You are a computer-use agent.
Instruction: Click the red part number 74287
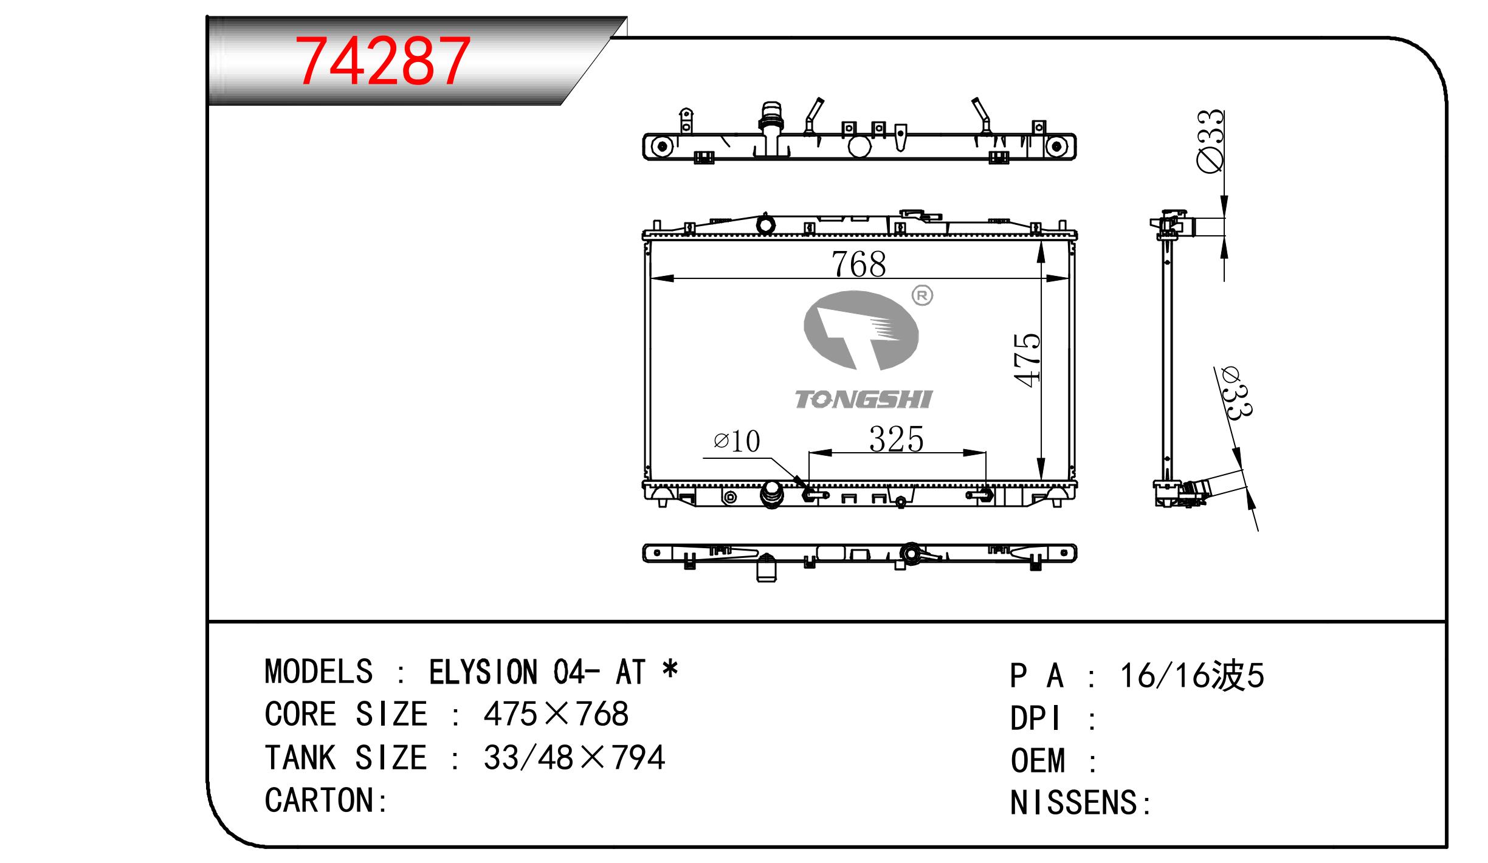(x=382, y=61)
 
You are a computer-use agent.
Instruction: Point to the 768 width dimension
(x=859, y=264)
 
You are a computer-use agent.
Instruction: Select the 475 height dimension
(x=1027, y=360)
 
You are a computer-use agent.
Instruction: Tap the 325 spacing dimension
(x=896, y=439)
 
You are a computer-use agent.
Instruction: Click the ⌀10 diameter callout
(x=737, y=441)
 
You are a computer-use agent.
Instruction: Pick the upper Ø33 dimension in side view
(x=1210, y=141)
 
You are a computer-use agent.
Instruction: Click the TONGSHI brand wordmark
(x=864, y=399)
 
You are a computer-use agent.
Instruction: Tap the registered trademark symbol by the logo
(x=922, y=296)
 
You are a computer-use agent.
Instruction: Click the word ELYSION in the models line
(x=483, y=672)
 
